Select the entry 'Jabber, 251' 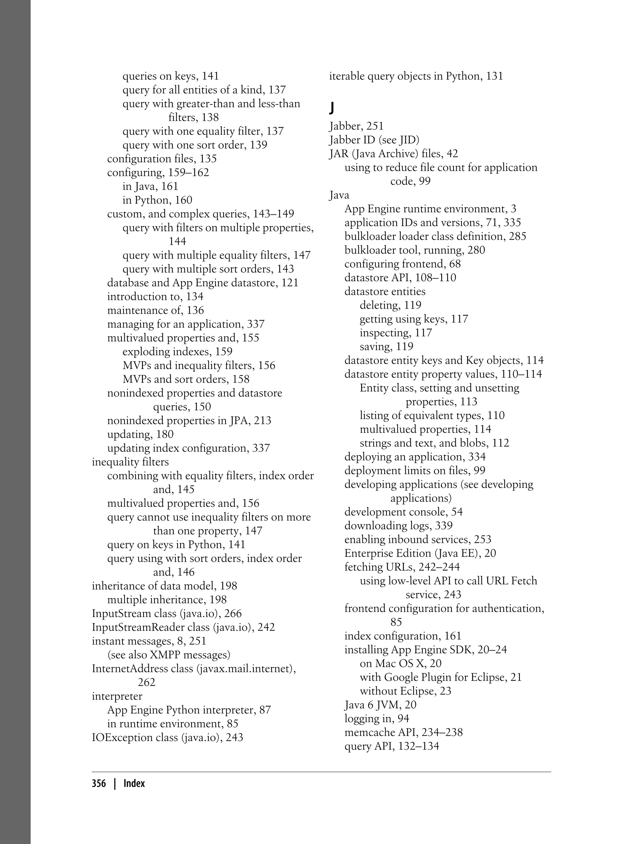click(356, 126)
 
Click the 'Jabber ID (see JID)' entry click(374, 140)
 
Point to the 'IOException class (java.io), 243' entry click(167, 737)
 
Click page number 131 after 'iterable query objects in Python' click(494, 76)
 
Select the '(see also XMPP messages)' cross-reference click(169, 655)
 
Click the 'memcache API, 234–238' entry click(403, 732)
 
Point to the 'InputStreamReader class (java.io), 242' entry click(183, 627)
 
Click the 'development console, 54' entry click(403, 512)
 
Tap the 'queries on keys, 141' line click(171, 76)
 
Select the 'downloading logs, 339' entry click(398, 526)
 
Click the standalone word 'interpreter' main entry click(117, 696)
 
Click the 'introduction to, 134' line click(155, 296)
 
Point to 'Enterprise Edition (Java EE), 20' click(420, 553)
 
